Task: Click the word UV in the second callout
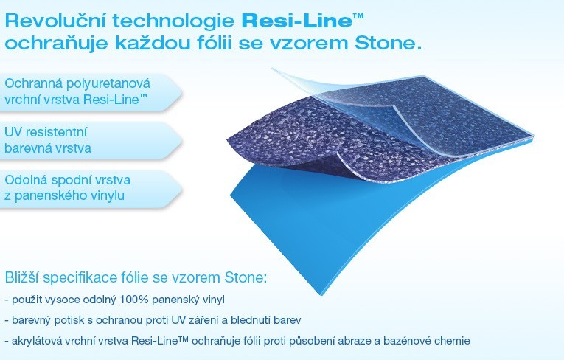13,132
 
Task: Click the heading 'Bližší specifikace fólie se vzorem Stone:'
136,278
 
